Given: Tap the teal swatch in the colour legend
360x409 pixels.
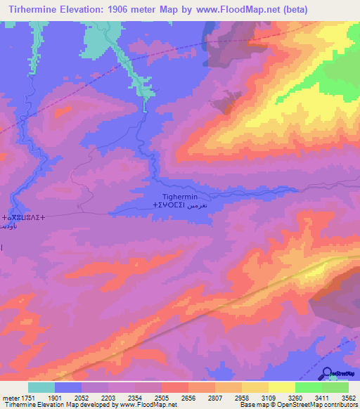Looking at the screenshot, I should [x=41, y=387].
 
